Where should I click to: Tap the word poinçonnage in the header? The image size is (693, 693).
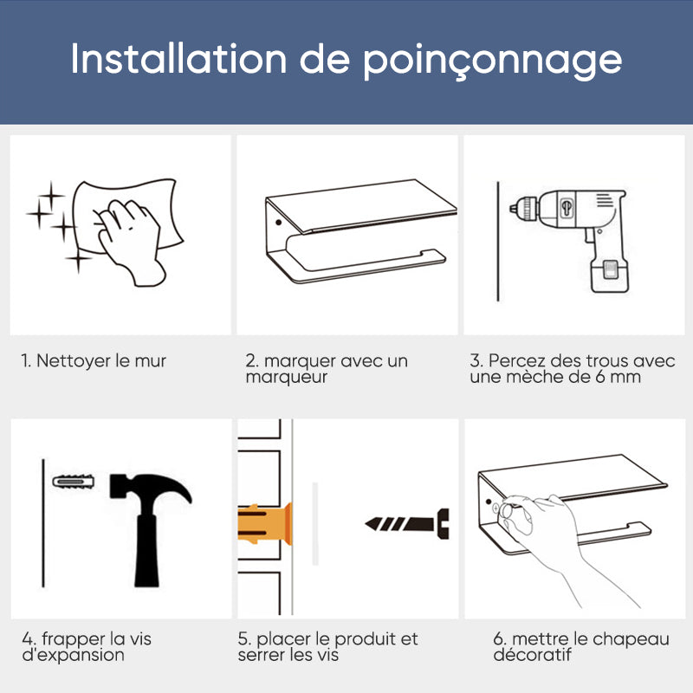(x=492, y=61)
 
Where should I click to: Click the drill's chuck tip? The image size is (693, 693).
(x=512, y=207)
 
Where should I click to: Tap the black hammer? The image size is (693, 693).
(x=149, y=529)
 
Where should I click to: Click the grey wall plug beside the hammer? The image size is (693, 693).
(x=74, y=482)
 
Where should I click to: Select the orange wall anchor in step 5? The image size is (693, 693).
(x=264, y=524)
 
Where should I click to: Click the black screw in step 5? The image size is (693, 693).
(x=407, y=524)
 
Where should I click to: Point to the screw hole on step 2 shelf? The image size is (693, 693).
(x=278, y=222)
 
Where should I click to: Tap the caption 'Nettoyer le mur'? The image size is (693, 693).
(x=100, y=360)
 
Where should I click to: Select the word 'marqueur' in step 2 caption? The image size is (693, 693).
(x=287, y=378)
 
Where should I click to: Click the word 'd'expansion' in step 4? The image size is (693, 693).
(x=74, y=656)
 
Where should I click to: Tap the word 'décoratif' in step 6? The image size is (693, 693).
(x=533, y=655)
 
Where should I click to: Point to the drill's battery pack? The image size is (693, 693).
(x=610, y=275)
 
